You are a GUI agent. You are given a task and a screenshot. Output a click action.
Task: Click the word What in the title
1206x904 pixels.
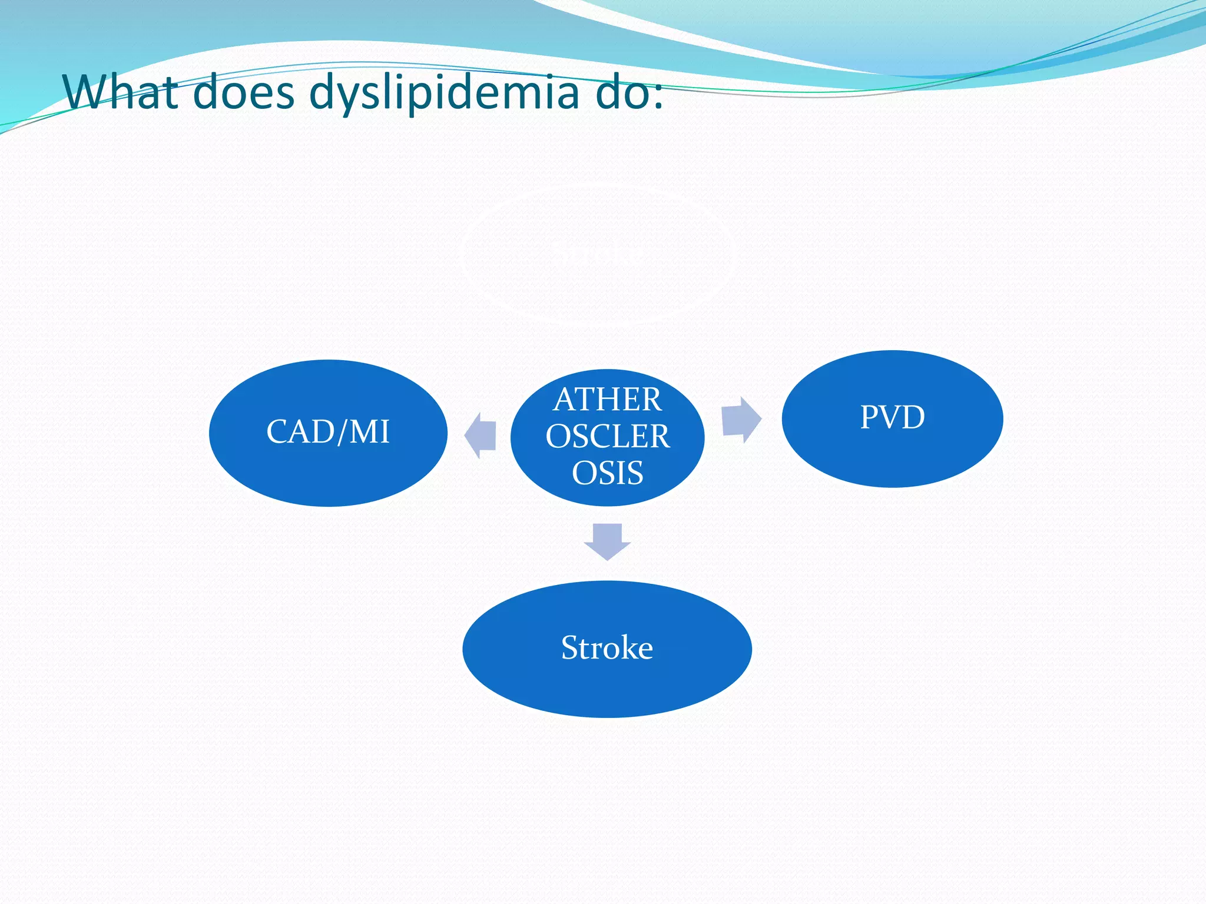click(121, 92)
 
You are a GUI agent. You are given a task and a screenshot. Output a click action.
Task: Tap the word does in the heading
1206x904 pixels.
click(243, 92)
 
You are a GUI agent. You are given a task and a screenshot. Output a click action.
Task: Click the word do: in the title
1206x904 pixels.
click(629, 92)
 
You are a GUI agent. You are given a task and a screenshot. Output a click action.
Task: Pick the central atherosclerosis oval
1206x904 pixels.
click(607, 437)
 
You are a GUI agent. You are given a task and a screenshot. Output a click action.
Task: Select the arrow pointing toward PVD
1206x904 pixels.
click(741, 420)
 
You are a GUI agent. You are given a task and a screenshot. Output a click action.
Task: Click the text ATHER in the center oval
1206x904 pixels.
click(607, 400)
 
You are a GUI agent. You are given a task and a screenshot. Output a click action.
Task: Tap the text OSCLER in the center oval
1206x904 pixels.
click(607, 437)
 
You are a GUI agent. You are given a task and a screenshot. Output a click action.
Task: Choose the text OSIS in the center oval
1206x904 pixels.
click(607, 473)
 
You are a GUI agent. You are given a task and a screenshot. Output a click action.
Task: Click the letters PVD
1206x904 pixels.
click(892, 417)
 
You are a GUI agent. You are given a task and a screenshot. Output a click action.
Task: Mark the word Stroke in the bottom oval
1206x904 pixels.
click(607, 648)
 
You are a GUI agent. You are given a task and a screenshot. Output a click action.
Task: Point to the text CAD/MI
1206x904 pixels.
click(328, 431)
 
